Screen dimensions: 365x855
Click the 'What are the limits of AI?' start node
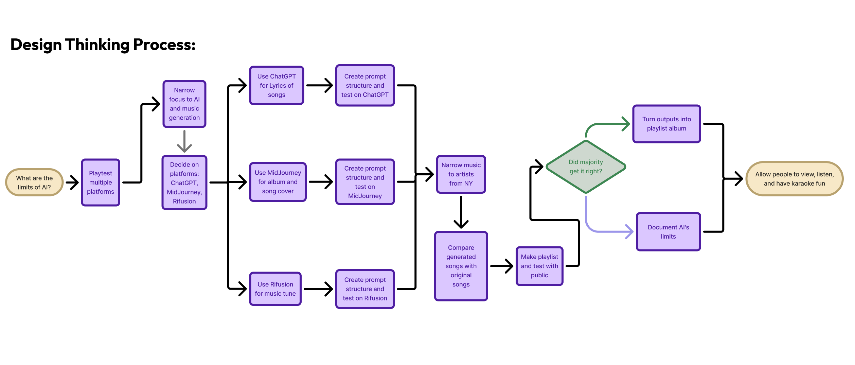(34, 182)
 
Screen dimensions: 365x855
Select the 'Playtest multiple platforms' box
(101, 182)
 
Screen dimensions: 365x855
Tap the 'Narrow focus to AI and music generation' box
(184, 104)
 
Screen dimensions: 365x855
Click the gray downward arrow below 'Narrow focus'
(184, 141)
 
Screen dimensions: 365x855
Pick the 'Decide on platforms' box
(184, 183)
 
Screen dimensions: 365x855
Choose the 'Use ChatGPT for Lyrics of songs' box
(277, 86)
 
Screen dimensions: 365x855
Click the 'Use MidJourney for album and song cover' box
(278, 182)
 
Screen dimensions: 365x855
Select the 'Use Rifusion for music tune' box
(275, 289)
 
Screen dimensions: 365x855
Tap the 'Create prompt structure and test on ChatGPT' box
(365, 86)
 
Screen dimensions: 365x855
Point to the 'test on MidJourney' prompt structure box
(365, 182)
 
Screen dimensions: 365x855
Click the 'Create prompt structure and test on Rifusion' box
(365, 289)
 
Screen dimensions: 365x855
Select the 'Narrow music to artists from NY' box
(461, 174)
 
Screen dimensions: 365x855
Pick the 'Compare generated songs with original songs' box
(461, 266)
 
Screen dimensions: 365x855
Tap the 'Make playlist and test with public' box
(539, 266)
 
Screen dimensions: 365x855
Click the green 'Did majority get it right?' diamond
(586, 167)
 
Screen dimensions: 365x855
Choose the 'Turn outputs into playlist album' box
(666, 124)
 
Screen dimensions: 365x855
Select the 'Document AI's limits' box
(668, 232)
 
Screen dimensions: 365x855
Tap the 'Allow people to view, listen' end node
(794, 179)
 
